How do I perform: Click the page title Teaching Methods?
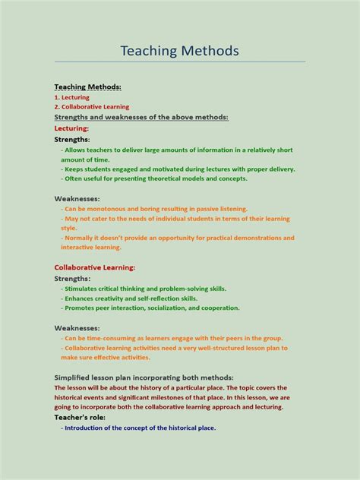179,51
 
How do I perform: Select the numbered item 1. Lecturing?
71,97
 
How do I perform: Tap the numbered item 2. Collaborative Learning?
91,107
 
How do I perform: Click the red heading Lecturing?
71,128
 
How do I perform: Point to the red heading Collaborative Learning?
95,267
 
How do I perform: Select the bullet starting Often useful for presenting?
156,178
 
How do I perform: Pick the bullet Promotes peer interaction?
151,308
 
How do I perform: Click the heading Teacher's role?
80,417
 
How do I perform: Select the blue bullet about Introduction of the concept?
140,428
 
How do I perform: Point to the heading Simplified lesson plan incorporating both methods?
144,377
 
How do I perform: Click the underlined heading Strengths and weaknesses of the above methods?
141,118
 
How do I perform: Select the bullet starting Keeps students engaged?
179,169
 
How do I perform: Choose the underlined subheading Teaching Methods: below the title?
87,87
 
